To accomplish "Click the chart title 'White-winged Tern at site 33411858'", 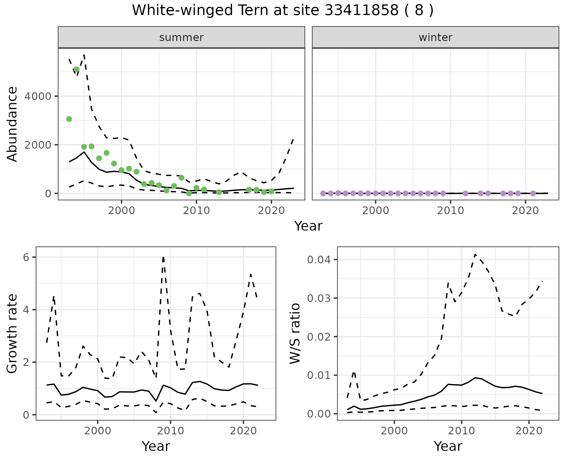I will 282,11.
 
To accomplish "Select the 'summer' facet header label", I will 181,37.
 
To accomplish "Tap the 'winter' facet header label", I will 435,37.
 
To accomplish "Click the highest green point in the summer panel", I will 76,70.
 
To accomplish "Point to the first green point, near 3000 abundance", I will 69,119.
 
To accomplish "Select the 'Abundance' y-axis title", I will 12,124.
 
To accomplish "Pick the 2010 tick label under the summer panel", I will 196,211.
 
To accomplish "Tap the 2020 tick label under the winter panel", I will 525,211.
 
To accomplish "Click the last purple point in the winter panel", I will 533,193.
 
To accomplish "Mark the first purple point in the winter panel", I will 323,193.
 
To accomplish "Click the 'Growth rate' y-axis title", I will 12,333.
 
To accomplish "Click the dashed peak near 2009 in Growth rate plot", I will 163,257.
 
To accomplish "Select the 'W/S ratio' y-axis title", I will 295,333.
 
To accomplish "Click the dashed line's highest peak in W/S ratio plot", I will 475,254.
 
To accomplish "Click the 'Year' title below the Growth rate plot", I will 156,446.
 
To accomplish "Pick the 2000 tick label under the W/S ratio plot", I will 394,431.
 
